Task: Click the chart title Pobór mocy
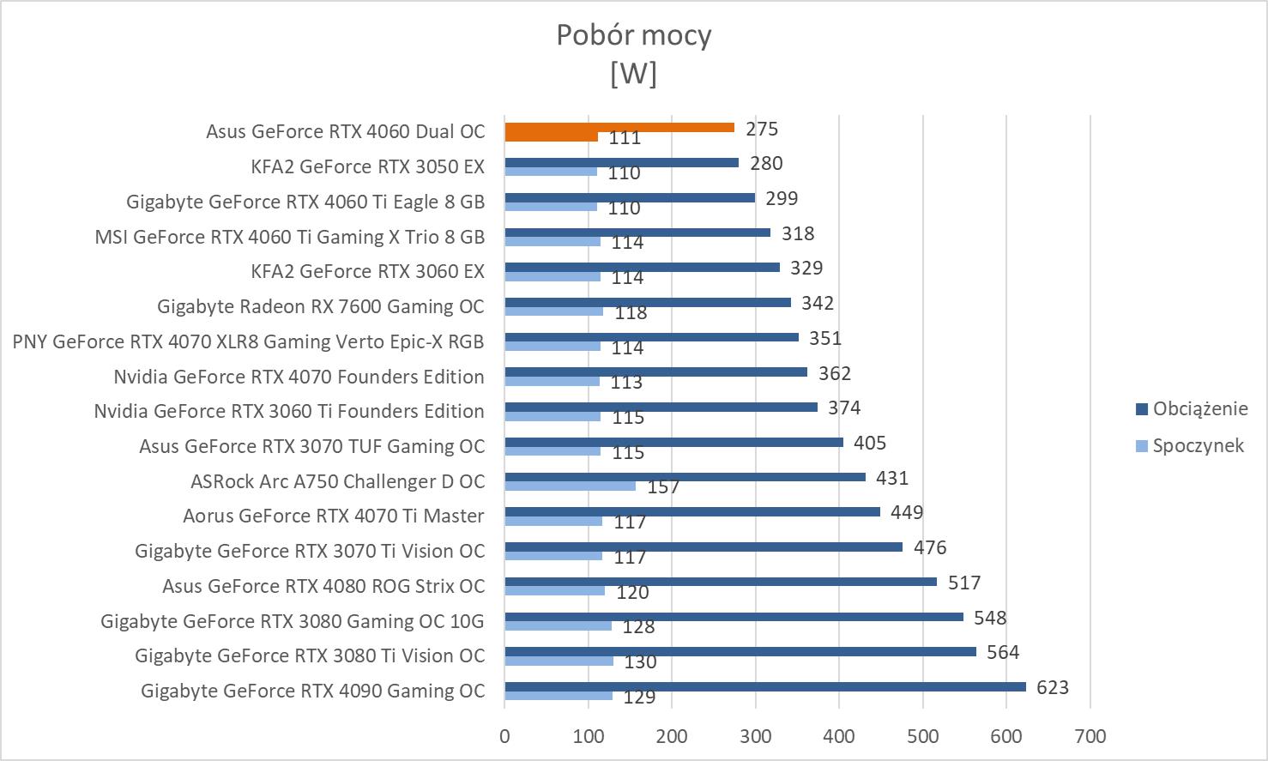[633, 35]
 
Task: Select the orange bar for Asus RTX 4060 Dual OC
[619, 128]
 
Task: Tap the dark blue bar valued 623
[764, 686]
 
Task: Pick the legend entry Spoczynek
[1198, 445]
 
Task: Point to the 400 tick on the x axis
[838, 736]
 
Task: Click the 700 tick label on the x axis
[1090, 736]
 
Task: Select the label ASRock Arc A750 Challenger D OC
[337, 481]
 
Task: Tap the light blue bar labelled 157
[570, 486]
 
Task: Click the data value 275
[762, 129]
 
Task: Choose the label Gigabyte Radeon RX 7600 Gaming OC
[320, 306]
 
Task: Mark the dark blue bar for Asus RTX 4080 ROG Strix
[721, 582]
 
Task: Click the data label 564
[1003, 652]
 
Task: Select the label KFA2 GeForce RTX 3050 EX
[367, 166]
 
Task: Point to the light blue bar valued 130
[559, 661]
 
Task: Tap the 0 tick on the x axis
[504, 736]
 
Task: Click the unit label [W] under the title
[633, 74]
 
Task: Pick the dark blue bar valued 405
[673, 442]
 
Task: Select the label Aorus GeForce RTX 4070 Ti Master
[333, 516]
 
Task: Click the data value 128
[639, 626]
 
